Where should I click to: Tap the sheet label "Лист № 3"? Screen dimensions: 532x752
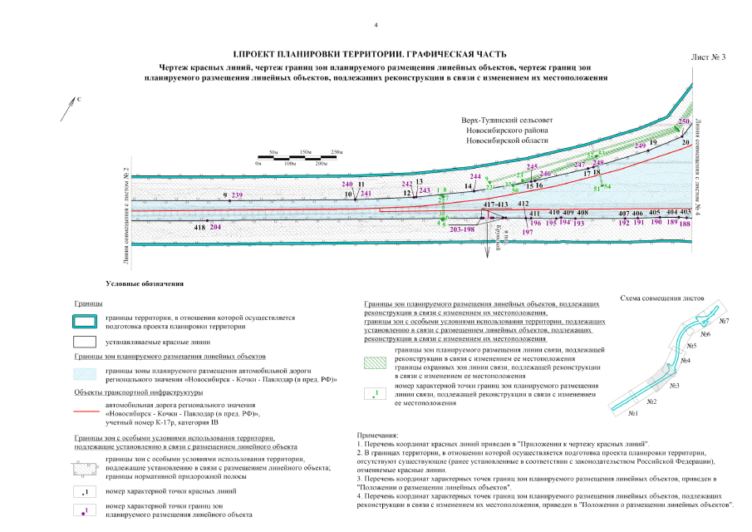coord(708,57)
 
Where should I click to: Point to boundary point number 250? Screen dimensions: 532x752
coord(684,122)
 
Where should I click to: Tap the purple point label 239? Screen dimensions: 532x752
coord(238,195)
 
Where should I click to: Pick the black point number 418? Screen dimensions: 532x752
coord(199,227)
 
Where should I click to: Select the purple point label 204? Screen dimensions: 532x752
coord(215,227)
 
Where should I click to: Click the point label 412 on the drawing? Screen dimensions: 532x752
coord(523,204)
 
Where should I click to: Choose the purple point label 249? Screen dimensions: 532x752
coord(640,145)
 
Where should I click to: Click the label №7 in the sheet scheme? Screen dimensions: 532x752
coord(724,321)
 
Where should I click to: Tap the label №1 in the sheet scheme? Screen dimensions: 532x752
coord(632,413)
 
